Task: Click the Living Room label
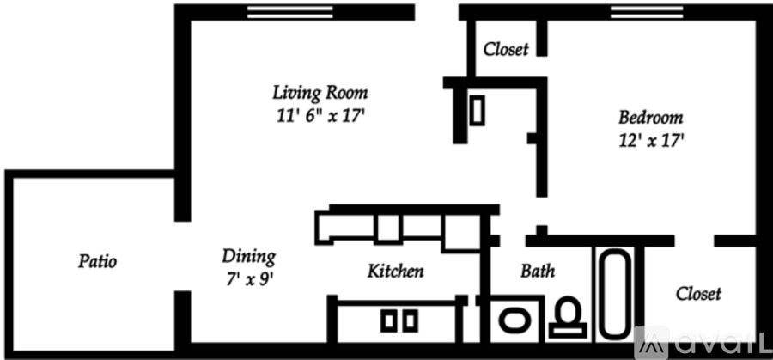[320, 93]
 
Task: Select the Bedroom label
[651, 118]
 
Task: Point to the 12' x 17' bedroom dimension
[651, 142]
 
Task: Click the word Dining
[248, 257]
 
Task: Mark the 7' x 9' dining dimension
[248, 279]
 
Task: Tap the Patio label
[98, 261]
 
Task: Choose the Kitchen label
[395, 271]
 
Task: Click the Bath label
[538, 271]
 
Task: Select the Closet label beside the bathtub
[698, 294]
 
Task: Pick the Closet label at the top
[506, 49]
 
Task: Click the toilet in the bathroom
[568, 317]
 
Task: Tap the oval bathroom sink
[514, 320]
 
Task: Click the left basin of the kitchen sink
[388, 320]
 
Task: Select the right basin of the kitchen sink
[411, 320]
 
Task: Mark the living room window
[290, 12]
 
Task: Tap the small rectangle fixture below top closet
[477, 110]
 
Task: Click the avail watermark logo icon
[651, 343]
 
